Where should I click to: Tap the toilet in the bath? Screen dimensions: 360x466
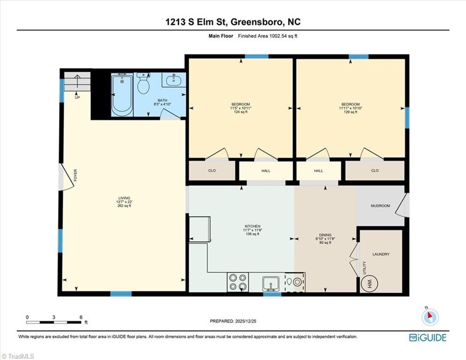coord(143,85)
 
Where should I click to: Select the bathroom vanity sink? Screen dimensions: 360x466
coord(174,80)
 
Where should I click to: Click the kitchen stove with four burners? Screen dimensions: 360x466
coord(237,282)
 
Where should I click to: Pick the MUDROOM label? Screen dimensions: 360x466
coord(380,206)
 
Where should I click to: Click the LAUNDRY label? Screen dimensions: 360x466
coord(381,255)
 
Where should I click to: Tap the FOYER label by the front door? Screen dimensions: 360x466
coord(75,176)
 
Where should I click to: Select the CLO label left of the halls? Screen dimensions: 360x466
coord(212,171)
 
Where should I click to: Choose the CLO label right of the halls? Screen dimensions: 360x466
coord(375,171)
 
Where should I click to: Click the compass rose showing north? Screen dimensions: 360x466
coord(429,317)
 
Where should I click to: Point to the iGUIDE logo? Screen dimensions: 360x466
coord(427,337)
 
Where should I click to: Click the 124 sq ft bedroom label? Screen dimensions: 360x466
coord(240,108)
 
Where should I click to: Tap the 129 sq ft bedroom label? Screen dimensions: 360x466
coord(350,108)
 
